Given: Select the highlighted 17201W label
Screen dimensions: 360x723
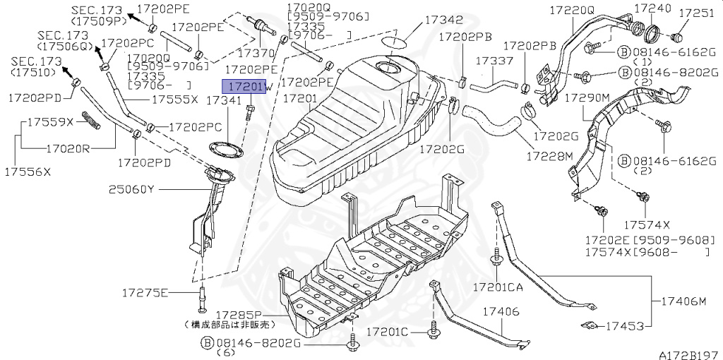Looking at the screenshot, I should click(243, 87).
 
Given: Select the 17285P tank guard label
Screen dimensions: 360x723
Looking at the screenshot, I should click(239, 314).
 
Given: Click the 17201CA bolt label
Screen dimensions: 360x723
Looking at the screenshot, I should click(499, 287).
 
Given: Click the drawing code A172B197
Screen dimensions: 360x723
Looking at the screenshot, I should click(688, 352).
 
